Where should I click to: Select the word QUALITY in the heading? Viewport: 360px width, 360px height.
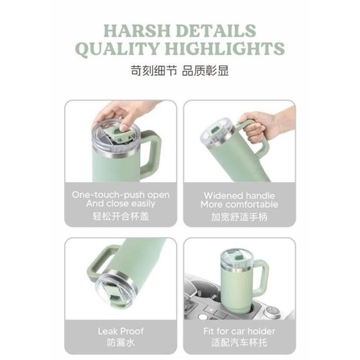(x=118, y=49)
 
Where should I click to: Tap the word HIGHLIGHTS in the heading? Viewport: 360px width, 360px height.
(x=225, y=49)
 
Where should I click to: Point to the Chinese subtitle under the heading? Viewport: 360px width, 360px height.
(x=180, y=70)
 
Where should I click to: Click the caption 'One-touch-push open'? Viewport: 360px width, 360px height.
(x=121, y=195)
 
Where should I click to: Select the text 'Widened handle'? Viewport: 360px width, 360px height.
(x=239, y=196)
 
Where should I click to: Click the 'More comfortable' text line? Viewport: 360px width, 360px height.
(x=239, y=204)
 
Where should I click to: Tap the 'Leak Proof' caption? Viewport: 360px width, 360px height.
(x=121, y=331)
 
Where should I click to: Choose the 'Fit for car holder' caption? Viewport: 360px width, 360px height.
(x=239, y=331)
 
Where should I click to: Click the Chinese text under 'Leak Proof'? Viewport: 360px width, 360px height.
(x=121, y=343)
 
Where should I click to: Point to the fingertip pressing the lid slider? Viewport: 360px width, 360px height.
(x=124, y=128)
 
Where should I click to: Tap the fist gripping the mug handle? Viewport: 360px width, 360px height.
(x=253, y=129)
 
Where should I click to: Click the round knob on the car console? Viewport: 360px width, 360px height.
(x=272, y=311)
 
